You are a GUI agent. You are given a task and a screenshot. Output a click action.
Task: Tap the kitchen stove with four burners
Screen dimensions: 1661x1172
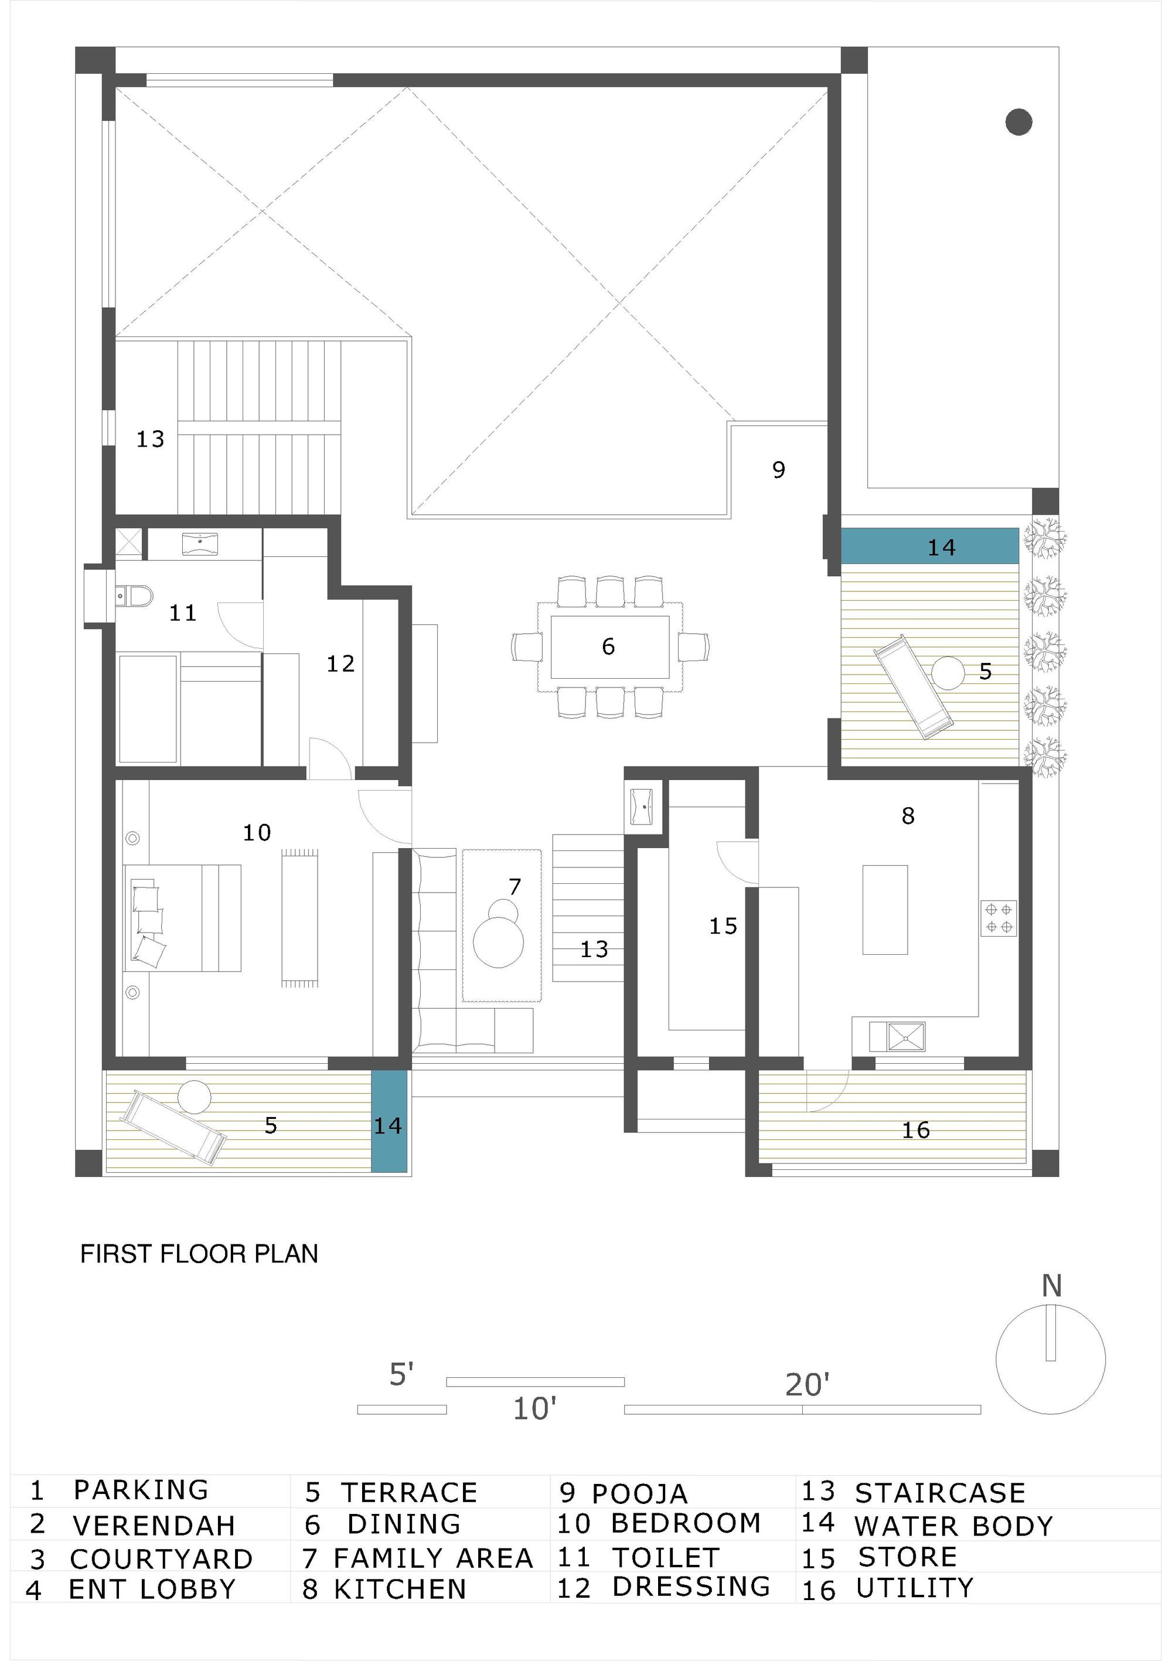pos(999,918)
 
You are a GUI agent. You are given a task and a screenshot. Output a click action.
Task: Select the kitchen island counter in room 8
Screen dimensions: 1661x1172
pos(884,910)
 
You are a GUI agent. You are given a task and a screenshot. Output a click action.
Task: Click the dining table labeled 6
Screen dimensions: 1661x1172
pos(609,646)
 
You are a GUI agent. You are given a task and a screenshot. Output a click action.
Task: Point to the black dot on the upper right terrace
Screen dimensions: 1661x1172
pos(1018,121)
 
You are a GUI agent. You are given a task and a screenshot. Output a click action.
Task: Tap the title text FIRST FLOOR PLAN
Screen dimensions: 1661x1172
pos(199,1254)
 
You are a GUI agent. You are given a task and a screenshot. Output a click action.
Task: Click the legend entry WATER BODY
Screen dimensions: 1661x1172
pos(953,1526)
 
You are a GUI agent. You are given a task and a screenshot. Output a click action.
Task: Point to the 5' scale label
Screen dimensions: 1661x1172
pos(401,1374)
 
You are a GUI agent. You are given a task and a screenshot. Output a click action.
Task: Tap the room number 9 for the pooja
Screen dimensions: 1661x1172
pos(778,470)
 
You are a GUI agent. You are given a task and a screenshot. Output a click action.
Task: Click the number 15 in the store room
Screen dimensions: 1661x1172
pos(723,926)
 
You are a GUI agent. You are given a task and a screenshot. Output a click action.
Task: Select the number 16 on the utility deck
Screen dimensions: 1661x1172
pos(915,1129)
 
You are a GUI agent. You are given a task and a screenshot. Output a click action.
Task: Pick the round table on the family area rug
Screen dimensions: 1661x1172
pos(499,942)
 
